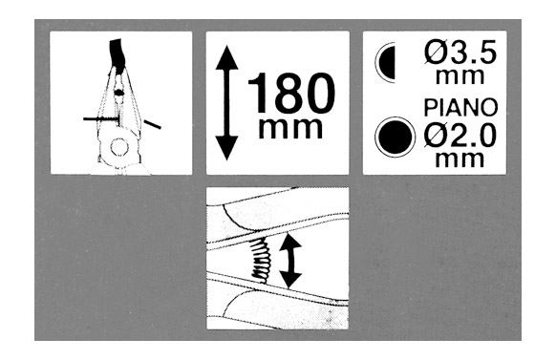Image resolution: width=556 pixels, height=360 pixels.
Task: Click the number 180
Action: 291,94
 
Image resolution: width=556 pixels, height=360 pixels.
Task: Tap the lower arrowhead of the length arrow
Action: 226,148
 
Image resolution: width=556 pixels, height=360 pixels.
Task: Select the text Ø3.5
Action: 460,54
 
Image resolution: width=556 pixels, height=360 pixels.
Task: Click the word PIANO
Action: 461,108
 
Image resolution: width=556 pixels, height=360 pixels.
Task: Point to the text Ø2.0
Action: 460,137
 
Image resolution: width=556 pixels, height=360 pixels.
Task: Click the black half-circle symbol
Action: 387,63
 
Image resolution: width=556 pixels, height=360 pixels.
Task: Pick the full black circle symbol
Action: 395,137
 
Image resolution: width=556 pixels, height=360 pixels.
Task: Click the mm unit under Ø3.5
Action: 460,76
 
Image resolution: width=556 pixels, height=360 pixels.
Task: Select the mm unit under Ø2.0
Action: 460,159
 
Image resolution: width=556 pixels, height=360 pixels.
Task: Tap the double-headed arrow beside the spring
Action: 290,261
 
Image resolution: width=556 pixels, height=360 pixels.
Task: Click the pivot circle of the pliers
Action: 118,147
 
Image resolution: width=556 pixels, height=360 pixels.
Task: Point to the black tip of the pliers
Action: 118,53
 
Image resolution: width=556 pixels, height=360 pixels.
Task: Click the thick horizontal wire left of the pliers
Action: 100,118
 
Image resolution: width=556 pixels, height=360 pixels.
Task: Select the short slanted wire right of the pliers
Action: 153,124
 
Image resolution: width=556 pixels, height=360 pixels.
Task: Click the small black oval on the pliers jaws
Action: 118,93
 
